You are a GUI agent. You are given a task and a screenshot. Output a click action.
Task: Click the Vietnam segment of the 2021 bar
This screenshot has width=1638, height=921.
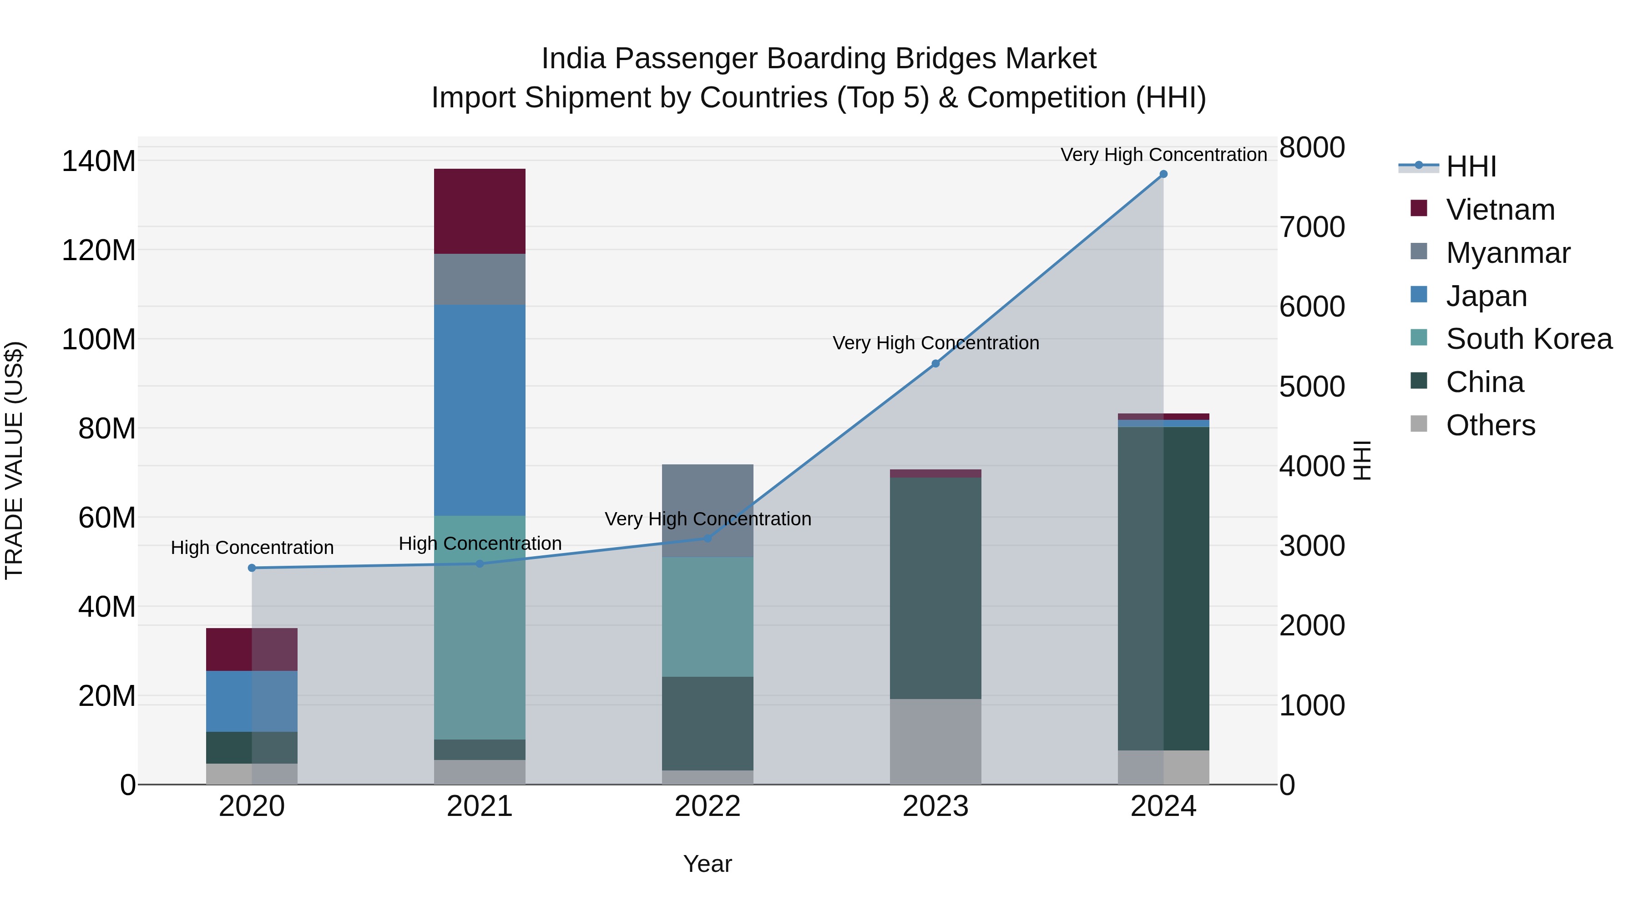click(480, 211)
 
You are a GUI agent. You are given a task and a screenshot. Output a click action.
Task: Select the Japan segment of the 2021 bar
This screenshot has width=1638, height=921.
click(480, 410)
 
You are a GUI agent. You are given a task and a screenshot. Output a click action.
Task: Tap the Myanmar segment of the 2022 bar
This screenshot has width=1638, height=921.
click(707, 496)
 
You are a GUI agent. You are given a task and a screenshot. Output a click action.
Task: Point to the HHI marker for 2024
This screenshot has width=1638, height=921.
click(1163, 174)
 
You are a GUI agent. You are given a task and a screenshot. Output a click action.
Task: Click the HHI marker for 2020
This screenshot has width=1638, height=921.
click(252, 568)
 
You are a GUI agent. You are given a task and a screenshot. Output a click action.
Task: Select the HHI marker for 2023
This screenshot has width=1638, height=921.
click(935, 363)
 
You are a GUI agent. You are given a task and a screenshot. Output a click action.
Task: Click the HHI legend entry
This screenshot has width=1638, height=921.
click(1470, 166)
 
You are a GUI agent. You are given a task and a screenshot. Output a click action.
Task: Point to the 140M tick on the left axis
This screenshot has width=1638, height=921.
click(99, 161)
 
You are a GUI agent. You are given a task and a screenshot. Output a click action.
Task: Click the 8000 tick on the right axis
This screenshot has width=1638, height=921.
click(1311, 147)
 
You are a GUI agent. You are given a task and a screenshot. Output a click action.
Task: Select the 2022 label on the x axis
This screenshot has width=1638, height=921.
click(707, 806)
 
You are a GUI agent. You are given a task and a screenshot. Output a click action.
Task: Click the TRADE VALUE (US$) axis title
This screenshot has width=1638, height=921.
click(14, 460)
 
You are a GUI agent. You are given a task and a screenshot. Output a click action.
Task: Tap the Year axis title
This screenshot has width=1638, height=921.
click(707, 864)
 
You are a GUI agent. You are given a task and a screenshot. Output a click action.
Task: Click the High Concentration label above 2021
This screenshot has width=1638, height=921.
click(480, 544)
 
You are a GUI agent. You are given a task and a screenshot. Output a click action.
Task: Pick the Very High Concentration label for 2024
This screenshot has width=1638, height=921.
click(1163, 155)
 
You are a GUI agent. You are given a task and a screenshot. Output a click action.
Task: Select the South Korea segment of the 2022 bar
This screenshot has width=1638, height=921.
click(707, 617)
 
